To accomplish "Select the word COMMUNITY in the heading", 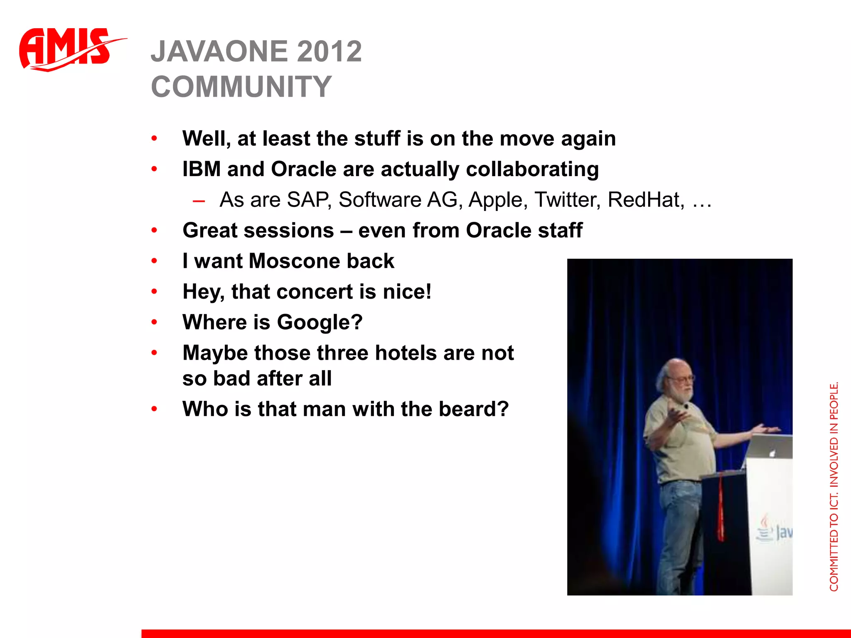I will [x=241, y=87].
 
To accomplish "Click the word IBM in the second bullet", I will [x=202, y=169].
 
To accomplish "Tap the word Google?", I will [x=320, y=322].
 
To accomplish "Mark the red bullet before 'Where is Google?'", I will [x=155, y=322].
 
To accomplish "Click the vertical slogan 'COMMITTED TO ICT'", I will [x=834, y=486].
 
